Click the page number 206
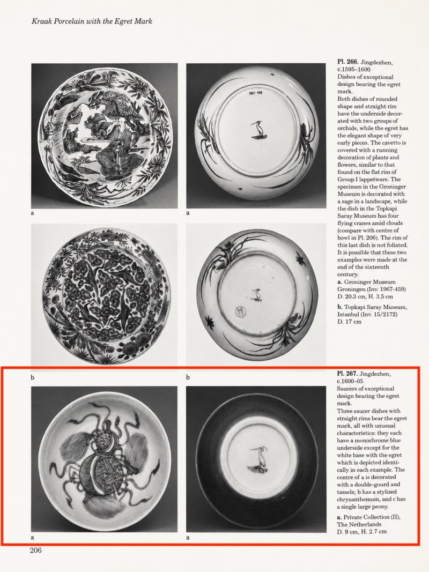pos(36,551)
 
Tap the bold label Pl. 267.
pos(347,374)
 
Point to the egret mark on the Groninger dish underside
pos(258,131)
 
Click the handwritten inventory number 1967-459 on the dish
pos(255,93)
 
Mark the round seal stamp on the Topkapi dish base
pos(240,311)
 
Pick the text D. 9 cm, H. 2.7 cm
pos(361,531)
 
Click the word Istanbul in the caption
pos(348,314)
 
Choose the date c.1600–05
pos(350,381)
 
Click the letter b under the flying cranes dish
pos(33,377)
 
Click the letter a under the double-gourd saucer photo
pos(33,537)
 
